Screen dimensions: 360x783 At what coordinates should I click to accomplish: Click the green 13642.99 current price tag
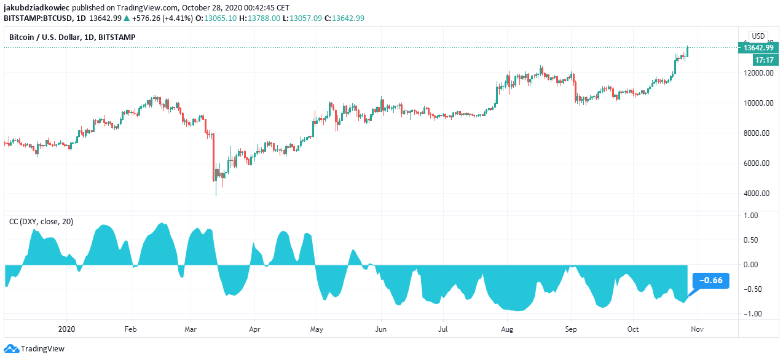757,48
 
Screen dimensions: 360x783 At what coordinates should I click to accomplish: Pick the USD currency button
758,36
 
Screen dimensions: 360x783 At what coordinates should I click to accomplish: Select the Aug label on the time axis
507,329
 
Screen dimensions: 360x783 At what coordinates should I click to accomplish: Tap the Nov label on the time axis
696,329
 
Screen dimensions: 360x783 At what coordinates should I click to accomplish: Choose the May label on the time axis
316,329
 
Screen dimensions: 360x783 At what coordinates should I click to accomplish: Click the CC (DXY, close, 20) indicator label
41,222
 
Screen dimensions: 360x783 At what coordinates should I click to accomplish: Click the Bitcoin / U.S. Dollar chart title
72,37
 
